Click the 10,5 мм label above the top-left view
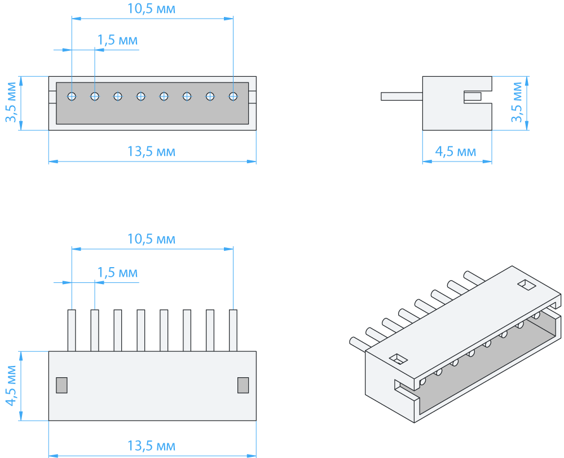(x=151, y=9)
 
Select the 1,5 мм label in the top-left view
(x=117, y=41)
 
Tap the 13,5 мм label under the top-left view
(x=151, y=151)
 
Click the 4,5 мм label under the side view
(x=456, y=151)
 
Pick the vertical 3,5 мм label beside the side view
(x=517, y=103)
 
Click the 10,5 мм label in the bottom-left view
(x=151, y=239)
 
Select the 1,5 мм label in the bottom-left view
(x=117, y=273)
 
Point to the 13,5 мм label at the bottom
(x=151, y=446)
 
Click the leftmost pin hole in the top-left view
(x=72, y=97)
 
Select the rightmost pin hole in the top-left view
(x=233, y=97)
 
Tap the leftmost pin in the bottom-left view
(x=72, y=330)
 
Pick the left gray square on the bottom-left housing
(x=61, y=385)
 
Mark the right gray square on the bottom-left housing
(x=243, y=385)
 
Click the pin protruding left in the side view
(x=402, y=97)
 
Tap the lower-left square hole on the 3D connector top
(x=399, y=358)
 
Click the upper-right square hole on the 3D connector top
(x=526, y=284)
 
